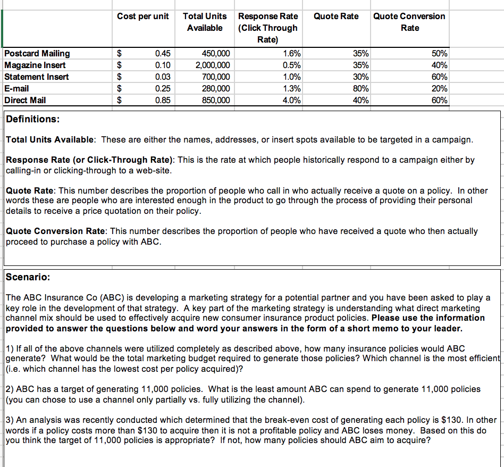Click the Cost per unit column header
coord(142,16)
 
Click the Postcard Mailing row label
coord(37,53)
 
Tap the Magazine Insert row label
coord(35,65)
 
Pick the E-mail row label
coord(16,88)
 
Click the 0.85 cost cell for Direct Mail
coord(163,100)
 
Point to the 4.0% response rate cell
coord(292,100)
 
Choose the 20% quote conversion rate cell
coord(440,88)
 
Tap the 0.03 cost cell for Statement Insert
coord(163,77)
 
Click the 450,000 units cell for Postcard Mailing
coord(216,53)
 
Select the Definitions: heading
coord(32,119)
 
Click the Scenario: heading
coord(28,277)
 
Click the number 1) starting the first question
coord(10,349)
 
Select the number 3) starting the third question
coord(10,420)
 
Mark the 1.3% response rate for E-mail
coord(292,88)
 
